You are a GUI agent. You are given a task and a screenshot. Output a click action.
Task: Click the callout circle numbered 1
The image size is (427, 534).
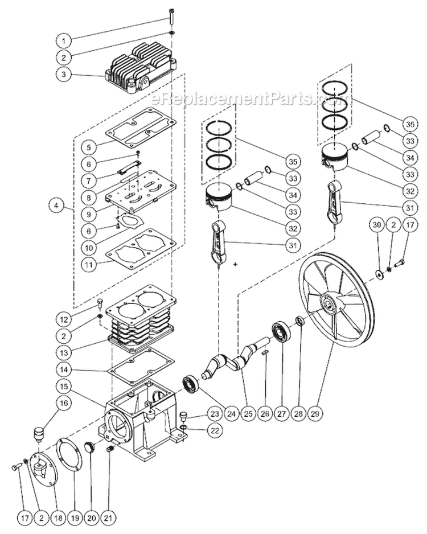pyautogui.click(x=65, y=41)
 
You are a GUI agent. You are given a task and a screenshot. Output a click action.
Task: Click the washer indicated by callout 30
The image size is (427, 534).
pyautogui.click(x=378, y=277)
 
